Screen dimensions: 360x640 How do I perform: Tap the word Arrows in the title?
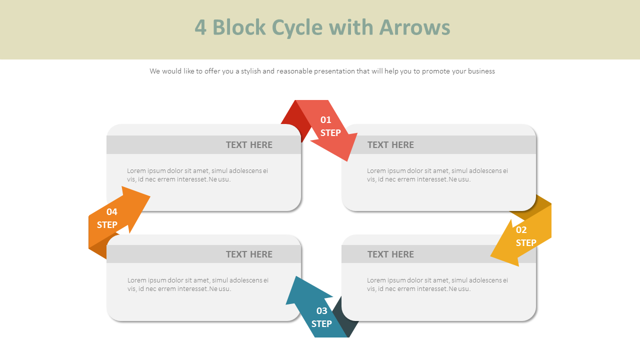coord(414,27)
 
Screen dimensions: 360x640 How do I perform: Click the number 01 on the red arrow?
coord(326,120)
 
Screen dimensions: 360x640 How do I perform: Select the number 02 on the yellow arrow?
coord(521,230)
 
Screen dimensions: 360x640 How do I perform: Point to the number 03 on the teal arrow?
coord(322,311)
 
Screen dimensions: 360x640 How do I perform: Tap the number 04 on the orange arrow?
coord(112,212)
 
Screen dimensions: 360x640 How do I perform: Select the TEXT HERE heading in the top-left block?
coord(249,145)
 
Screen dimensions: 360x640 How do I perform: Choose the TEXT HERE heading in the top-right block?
coord(390,145)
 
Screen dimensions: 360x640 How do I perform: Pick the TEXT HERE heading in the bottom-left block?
coord(249,254)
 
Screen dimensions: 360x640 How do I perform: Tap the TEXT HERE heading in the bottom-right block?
coord(390,254)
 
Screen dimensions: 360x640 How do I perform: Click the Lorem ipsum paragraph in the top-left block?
coord(197,175)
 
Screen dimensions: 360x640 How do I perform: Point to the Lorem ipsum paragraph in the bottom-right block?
coord(437,284)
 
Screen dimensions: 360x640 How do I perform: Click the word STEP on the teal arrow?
coord(321,324)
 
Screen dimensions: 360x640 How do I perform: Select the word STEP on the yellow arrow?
coord(526,243)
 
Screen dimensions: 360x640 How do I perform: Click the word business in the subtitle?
coord(480,71)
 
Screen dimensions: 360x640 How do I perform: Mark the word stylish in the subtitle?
coord(250,71)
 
